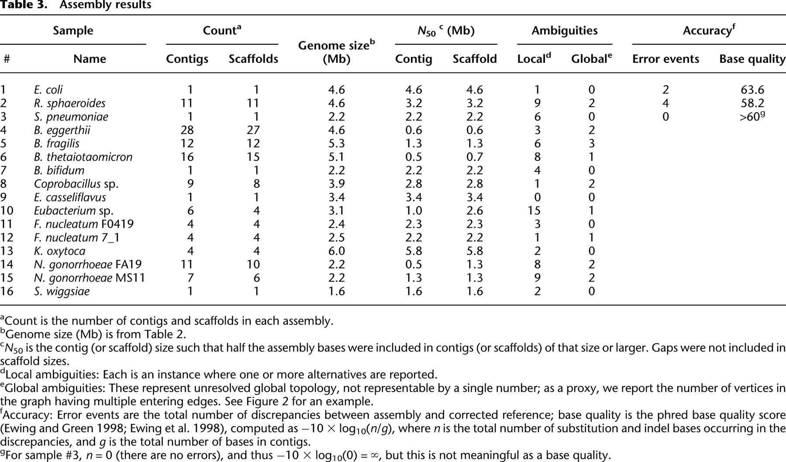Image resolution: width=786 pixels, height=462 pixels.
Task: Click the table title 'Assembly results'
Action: coord(105,5)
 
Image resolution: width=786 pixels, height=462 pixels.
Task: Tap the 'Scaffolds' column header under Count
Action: coord(253,59)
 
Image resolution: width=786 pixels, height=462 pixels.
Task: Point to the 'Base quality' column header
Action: coord(752,59)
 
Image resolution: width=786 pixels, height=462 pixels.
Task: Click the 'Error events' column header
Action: coord(665,59)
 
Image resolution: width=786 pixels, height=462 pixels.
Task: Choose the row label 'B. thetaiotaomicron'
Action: coord(83,157)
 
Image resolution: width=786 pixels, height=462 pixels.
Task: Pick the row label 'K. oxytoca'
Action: coord(59,251)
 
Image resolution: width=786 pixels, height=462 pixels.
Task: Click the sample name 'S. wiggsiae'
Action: coord(62,291)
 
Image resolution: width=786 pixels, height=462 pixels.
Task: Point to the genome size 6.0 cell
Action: coord(336,251)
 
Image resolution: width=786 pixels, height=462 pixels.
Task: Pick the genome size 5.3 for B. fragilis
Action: coord(336,143)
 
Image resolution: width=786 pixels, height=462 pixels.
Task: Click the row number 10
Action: coord(7,211)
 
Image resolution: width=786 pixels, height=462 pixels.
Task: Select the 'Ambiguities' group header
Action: coord(564,31)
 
